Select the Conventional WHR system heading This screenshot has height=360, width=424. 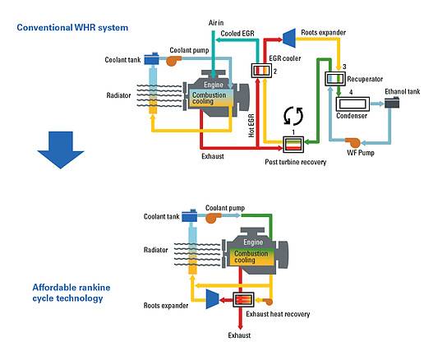[72, 28]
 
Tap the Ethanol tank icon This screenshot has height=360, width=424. [392, 103]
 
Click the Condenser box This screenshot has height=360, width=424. [353, 104]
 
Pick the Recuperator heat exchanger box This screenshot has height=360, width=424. [335, 79]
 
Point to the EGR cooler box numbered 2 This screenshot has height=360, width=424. [261, 71]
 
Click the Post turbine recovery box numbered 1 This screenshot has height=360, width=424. [293, 145]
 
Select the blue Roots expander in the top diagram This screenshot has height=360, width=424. [289, 38]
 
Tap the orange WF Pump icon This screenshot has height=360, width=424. [353, 142]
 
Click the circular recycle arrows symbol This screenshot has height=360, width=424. [293, 116]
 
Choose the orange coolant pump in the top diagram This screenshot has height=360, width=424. [174, 61]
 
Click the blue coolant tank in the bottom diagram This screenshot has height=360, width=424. [190, 215]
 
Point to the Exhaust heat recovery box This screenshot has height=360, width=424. [243, 299]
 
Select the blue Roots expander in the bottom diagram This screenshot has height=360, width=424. [212, 299]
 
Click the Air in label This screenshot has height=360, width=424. [216, 23]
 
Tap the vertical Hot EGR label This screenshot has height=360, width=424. [251, 126]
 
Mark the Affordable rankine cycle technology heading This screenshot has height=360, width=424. [71, 293]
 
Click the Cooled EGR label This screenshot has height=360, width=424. [237, 34]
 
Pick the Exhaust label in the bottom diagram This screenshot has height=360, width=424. [239, 335]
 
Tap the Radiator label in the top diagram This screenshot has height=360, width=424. [118, 95]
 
